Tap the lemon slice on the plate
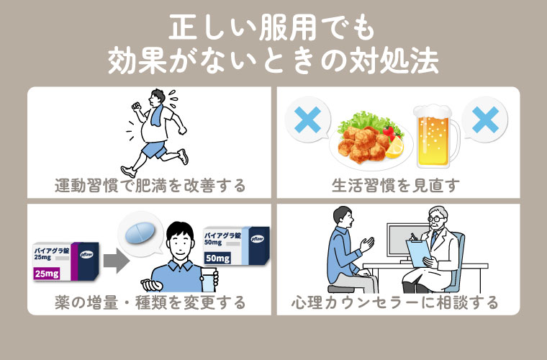(x=394, y=148)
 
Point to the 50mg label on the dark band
(x=220, y=257)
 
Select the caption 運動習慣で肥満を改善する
(x=150, y=185)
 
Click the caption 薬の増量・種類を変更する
(x=150, y=302)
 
